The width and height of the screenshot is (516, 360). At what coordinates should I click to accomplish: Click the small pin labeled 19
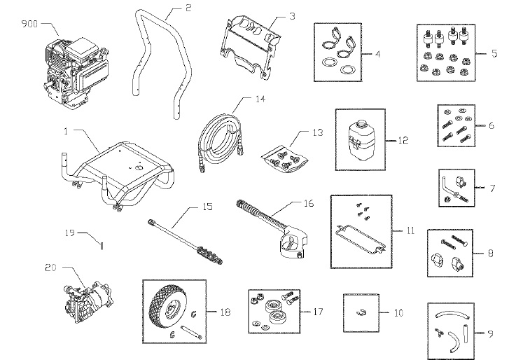(x=102, y=245)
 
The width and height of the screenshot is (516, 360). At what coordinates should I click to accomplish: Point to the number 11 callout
(x=410, y=230)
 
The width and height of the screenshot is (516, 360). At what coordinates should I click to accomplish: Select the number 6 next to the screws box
(x=491, y=126)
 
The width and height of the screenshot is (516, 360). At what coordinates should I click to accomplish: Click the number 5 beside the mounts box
(x=496, y=53)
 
